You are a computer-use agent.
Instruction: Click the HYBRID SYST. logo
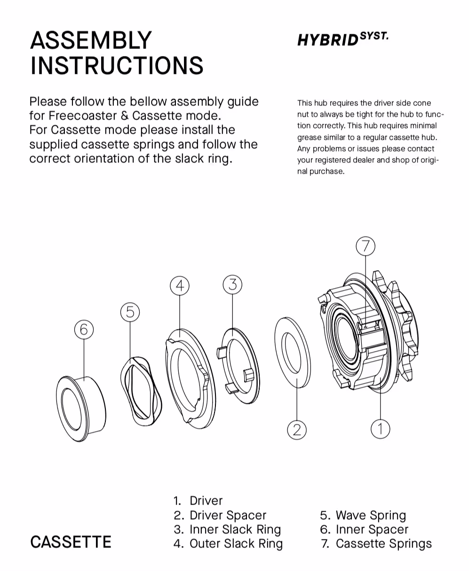[x=342, y=39]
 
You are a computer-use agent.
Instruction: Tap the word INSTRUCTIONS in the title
[x=117, y=65]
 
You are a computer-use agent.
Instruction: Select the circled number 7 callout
[x=366, y=246]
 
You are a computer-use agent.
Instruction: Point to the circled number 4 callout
[x=179, y=286]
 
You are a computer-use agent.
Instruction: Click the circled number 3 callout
[x=232, y=284]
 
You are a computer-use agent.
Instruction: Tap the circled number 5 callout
[x=130, y=312]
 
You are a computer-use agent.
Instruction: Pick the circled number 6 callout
[x=84, y=329]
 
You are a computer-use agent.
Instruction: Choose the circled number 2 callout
[x=297, y=429]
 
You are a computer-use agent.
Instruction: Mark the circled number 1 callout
[x=380, y=428]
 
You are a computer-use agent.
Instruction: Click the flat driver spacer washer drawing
[x=293, y=351]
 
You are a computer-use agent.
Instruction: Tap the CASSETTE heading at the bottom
[x=71, y=542]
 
